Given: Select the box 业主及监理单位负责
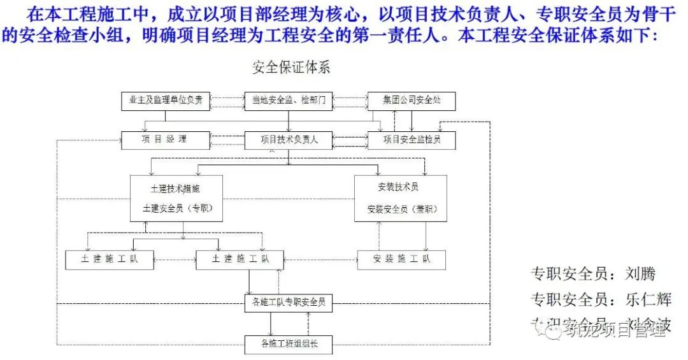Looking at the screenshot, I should click(166, 101).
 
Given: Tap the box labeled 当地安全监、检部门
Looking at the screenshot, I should click(289, 101).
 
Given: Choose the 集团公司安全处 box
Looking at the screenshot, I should click(412, 101).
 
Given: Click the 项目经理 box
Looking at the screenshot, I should click(165, 140).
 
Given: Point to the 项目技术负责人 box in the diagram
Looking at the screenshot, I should click(289, 140).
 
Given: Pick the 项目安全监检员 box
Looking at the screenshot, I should click(412, 140).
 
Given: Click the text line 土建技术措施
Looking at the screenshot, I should click(176, 189).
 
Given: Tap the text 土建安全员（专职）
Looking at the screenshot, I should click(176, 209).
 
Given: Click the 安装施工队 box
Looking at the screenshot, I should click(401, 259).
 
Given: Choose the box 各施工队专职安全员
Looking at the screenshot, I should click(289, 303).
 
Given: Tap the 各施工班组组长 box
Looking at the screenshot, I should click(289, 345).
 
